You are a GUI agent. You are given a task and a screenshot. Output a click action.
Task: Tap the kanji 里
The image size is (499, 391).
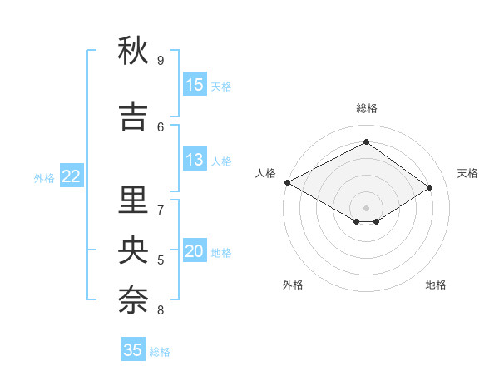(x=133, y=200)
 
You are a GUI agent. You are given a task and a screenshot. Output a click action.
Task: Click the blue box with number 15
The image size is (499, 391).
(x=195, y=84)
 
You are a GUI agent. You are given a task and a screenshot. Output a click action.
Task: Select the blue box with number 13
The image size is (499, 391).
(x=195, y=160)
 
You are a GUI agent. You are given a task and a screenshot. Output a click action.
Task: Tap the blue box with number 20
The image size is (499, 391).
(x=195, y=251)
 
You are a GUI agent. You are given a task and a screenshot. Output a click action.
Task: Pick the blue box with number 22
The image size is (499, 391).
(x=72, y=176)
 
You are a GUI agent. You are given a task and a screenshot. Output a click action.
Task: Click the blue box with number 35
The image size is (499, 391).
(x=133, y=349)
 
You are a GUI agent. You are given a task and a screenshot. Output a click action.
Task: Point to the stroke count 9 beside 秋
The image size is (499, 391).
(x=161, y=60)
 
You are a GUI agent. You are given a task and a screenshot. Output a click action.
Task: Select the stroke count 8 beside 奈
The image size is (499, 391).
(x=161, y=310)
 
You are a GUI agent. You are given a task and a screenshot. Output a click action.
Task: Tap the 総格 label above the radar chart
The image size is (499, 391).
(x=366, y=108)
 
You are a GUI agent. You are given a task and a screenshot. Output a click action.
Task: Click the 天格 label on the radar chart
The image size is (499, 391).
(x=467, y=173)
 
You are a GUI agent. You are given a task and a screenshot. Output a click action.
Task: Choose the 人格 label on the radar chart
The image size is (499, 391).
(x=265, y=173)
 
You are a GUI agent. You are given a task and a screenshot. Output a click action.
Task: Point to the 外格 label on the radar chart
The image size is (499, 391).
(x=293, y=285)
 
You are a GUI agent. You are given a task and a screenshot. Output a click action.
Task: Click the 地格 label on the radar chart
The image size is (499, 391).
(x=436, y=285)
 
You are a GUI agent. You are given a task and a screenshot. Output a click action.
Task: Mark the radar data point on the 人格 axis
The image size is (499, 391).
(x=287, y=181)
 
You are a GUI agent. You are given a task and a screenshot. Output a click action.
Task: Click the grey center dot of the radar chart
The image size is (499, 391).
(x=366, y=207)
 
